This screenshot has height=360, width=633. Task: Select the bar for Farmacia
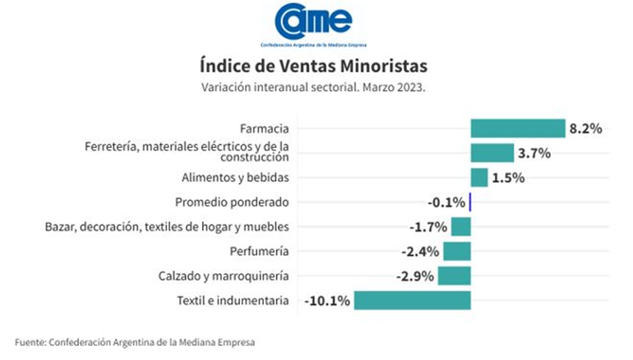[x=518, y=128]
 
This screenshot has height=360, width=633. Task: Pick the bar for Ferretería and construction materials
[x=492, y=153]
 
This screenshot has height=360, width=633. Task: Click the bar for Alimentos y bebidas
[x=479, y=178]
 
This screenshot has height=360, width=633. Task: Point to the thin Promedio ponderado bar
[x=469, y=202]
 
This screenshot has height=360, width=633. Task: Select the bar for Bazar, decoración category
[x=460, y=227]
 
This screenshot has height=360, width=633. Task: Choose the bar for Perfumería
[x=456, y=251]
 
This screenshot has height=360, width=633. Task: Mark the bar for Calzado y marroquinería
[x=454, y=275]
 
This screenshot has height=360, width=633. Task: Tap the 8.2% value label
[x=585, y=128]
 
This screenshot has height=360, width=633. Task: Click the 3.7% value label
[x=534, y=153]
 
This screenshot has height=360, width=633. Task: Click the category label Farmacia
[x=264, y=128]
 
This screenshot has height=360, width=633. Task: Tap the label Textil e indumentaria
[x=233, y=301]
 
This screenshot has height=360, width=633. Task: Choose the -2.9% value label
[x=416, y=276]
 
